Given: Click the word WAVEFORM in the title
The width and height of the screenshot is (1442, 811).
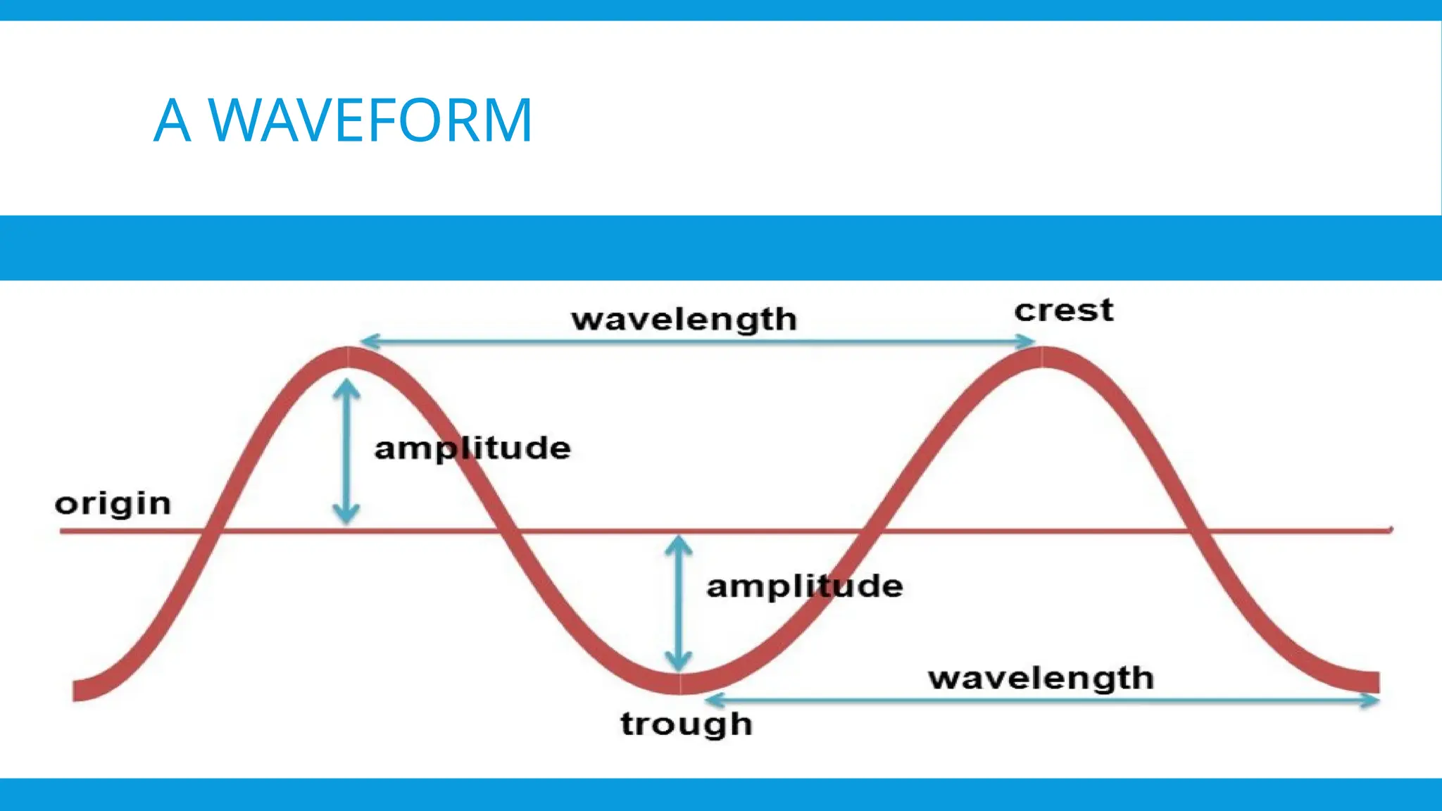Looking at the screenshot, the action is click(x=370, y=120).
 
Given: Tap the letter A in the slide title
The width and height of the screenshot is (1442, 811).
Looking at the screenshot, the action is click(x=172, y=120).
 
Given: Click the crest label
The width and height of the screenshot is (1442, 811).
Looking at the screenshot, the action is click(x=1063, y=310).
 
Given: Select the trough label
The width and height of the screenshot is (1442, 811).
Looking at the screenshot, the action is click(x=686, y=724).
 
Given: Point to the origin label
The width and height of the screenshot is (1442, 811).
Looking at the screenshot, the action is click(x=113, y=504).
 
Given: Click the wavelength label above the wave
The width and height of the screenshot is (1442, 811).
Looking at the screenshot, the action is click(x=684, y=320).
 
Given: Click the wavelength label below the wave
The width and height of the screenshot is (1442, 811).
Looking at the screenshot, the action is click(x=1041, y=679).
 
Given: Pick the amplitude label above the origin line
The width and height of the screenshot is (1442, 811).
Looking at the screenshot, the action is click(x=472, y=448).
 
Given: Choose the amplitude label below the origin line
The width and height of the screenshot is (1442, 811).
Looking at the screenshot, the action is click(x=804, y=586).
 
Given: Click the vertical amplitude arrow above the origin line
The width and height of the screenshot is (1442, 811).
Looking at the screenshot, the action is click(x=346, y=451).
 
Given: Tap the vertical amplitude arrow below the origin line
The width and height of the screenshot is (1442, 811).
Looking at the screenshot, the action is click(x=678, y=603).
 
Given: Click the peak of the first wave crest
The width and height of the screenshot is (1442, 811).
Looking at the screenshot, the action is click(x=348, y=357).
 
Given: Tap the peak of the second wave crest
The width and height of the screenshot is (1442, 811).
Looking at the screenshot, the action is click(x=1041, y=357).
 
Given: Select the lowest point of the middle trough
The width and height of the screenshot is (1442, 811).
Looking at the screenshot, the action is click(x=680, y=684).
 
